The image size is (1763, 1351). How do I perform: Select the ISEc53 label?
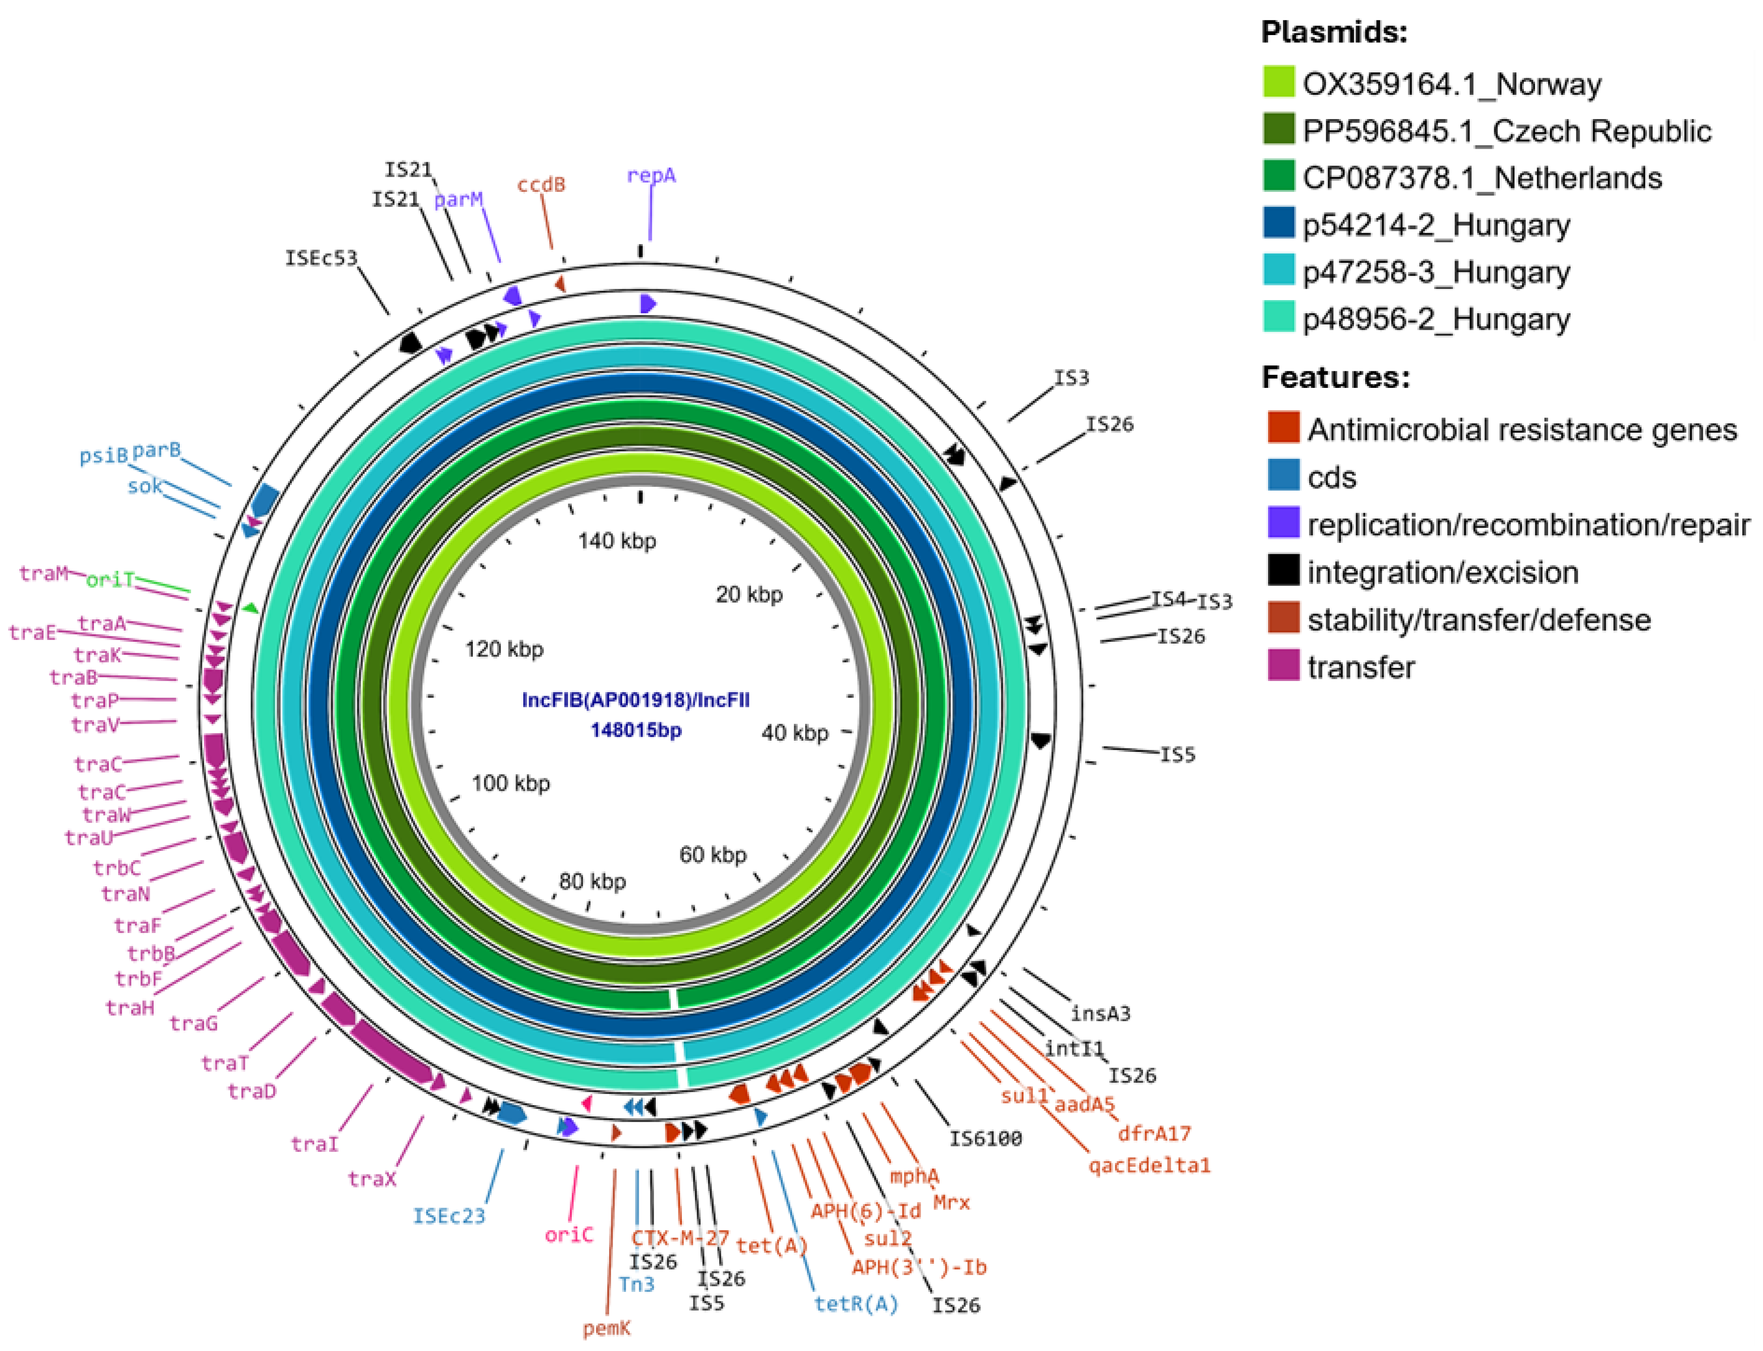point(320,258)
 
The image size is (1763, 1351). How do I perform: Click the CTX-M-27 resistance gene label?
point(680,1238)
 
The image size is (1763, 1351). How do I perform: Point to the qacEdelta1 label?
point(1149,1165)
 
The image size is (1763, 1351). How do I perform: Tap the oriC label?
point(569,1235)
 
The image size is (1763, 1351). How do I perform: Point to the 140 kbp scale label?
point(617,541)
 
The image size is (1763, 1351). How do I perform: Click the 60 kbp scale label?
point(712,855)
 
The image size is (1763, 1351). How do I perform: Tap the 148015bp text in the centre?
point(635,730)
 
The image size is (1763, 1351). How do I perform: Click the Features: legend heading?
point(1335,377)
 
